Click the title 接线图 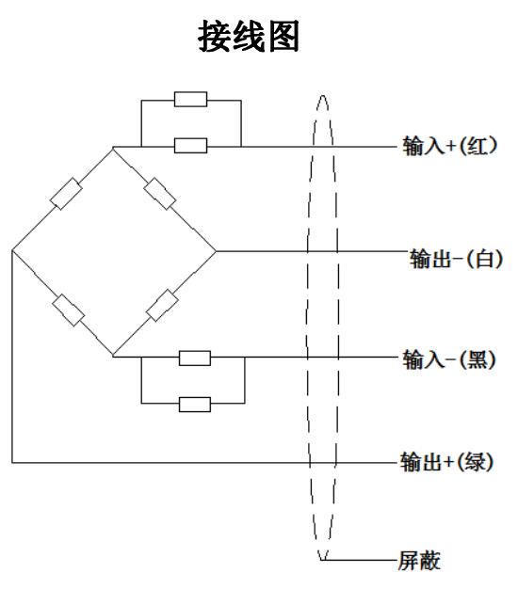tap(249, 36)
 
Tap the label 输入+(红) tap(450, 146)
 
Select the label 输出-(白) tap(456, 259)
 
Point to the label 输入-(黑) tap(449, 359)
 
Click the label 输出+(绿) tap(446, 462)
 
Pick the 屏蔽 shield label tap(419, 561)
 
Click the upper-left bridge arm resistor tap(66, 194)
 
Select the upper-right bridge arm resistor tap(160, 194)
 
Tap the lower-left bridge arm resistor tap(69, 310)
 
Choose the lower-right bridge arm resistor tap(162, 306)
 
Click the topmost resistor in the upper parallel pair tap(190, 99)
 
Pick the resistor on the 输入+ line tap(190, 146)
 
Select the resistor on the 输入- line tap(195, 358)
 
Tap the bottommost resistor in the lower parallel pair tap(195, 405)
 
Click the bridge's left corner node tap(12, 250)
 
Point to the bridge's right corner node tap(216, 251)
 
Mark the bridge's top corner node tap(113, 147)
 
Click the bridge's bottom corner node tap(113, 356)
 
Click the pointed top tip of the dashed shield tap(322, 96)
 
